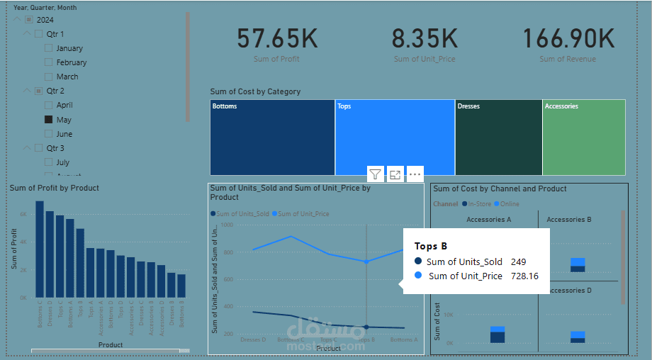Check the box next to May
[49, 120]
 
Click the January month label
[69, 48]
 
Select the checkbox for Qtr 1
[38, 34]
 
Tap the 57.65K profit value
[276, 39]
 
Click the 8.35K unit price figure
[425, 39]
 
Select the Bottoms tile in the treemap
[272, 137]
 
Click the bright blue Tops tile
[395, 137]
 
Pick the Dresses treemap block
[498, 137]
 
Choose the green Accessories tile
[583, 137]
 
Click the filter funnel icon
[376, 174]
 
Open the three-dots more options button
[415, 174]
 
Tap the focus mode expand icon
[395, 174]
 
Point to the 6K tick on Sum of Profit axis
[23, 214]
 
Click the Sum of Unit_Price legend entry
[303, 213]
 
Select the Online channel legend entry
[508, 204]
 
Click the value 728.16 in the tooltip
[524, 276]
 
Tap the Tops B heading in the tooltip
[431, 247]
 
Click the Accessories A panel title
[488, 220]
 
